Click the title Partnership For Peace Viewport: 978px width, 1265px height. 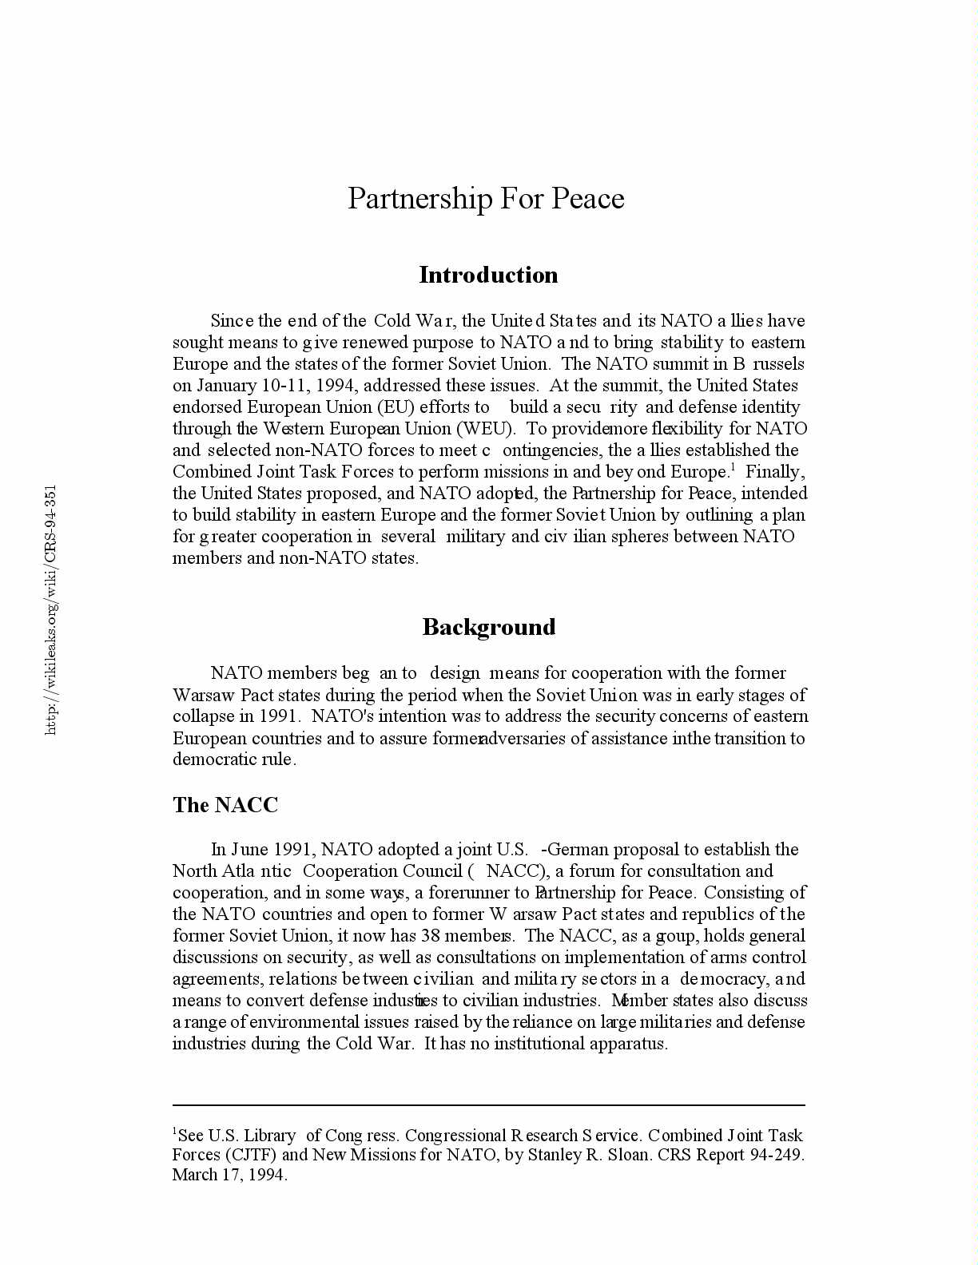point(486,198)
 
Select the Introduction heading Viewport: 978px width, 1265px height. point(488,275)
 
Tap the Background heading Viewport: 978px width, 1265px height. point(488,627)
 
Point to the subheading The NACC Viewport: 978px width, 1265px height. point(225,805)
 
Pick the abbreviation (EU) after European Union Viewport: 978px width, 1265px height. point(396,407)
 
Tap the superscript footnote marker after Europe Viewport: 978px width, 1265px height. point(733,466)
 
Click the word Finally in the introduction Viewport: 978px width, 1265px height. point(774,472)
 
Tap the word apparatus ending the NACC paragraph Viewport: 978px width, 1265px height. point(627,1044)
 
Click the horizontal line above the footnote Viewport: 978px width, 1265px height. point(488,1105)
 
